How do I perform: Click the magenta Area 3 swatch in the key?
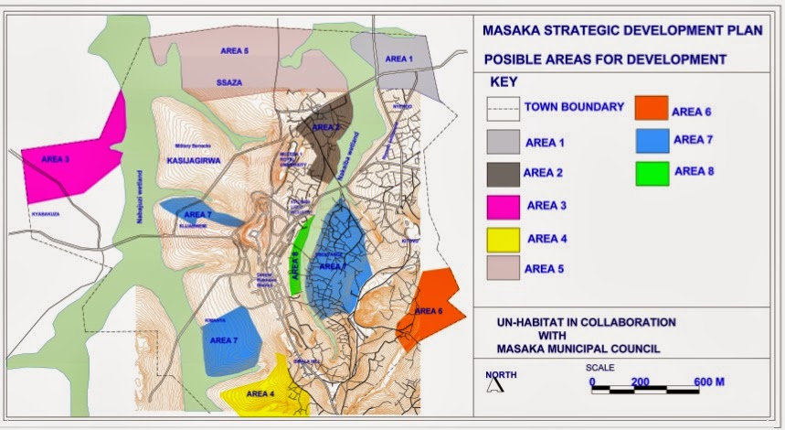(x=503, y=208)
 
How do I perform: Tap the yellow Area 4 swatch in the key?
(x=503, y=240)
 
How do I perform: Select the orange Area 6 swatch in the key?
(x=653, y=108)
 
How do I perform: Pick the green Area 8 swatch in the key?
(x=653, y=172)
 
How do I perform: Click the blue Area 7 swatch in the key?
(x=653, y=140)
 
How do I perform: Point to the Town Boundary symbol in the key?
(x=503, y=108)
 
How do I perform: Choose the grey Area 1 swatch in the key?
(x=503, y=141)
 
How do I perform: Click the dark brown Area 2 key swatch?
(x=503, y=174)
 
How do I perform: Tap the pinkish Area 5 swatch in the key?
(x=503, y=267)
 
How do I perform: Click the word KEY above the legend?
(x=504, y=81)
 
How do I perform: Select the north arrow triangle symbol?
(x=494, y=384)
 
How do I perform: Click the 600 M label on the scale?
(x=708, y=382)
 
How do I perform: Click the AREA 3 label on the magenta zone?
(x=55, y=158)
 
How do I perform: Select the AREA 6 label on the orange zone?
(x=428, y=311)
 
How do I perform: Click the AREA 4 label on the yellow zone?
(x=260, y=394)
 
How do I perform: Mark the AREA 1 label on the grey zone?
(x=398, y=59)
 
